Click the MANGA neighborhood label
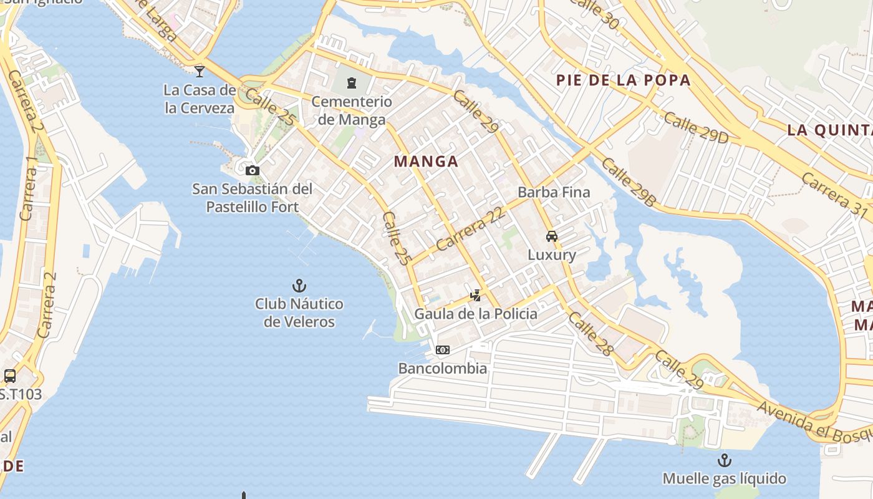click(426, 162)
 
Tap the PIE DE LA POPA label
click(623, 80)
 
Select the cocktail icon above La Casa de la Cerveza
click(200, 71)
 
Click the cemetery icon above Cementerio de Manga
click(352, 82)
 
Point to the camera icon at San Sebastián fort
click(253, 170)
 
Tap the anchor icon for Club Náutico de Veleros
click(299, 286)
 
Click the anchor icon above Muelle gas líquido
click(724, 460)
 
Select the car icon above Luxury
click(551, 236)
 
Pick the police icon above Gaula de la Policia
click(476, 295)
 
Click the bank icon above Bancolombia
click(443, 350)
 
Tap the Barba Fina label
click(554, 192)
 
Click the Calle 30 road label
click(593, 14)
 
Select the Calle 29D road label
click(695, 127)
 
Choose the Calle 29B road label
click(629, 182)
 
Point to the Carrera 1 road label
click(28, 188)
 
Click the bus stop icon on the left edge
click(10, 375)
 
